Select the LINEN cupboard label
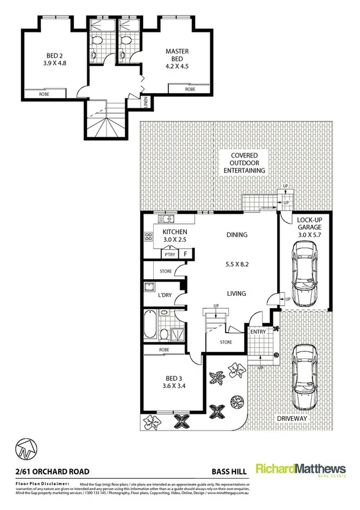145,103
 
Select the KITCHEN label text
175,232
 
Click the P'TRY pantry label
170,254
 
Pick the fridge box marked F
186,254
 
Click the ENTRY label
258,331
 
